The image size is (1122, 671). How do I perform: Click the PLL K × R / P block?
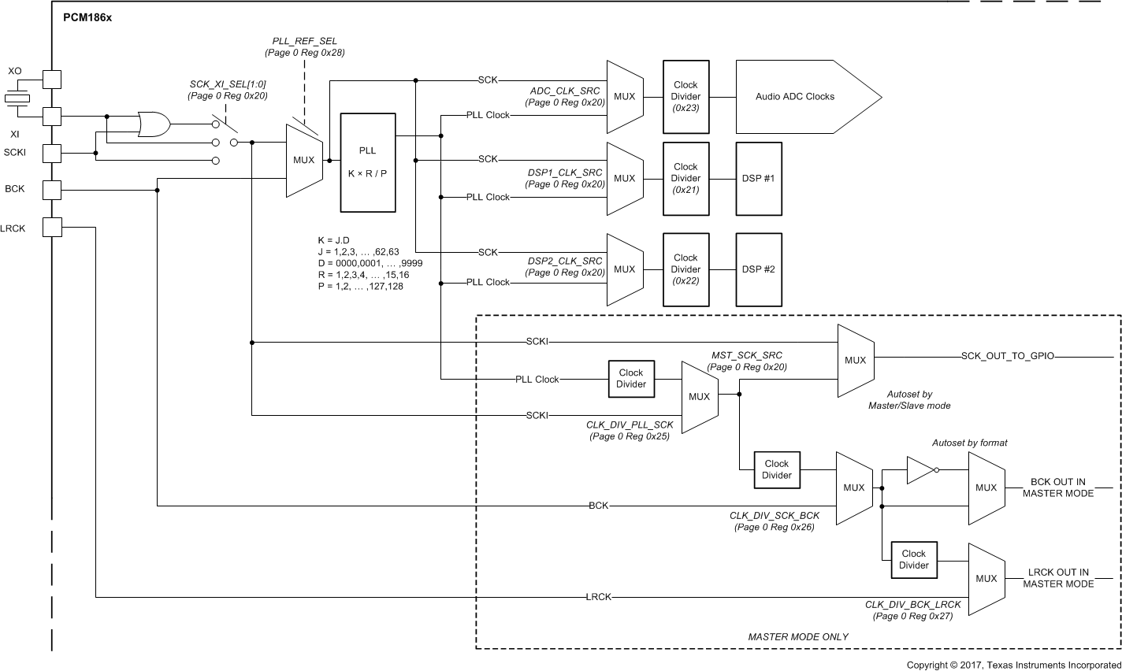pos(367,162)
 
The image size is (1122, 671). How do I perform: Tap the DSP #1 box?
pos(758,179)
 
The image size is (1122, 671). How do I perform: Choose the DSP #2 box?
pos(758,269)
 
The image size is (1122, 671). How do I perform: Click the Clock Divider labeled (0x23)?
pos(685,97)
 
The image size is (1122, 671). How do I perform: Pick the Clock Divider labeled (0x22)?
pos(685,269)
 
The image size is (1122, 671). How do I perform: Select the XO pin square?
pos(52,80)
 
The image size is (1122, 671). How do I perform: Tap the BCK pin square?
pos(52,190)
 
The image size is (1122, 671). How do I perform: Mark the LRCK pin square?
pos(52,228)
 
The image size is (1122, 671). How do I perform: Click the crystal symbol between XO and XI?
pos(16,98)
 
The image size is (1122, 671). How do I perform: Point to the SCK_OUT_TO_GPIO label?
pos(1008,357)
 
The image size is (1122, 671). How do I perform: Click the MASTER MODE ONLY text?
pos(797,636)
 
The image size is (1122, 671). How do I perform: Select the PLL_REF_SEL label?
pos(304,41)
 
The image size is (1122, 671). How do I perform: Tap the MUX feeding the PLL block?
pos(303,160)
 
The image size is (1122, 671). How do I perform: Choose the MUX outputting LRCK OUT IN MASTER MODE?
pos(986,578)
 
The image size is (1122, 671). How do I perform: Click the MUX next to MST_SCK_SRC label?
pos(699,397)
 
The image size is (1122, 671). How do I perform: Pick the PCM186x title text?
pos(87,17)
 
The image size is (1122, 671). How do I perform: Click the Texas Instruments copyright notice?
pos(1013,665)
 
